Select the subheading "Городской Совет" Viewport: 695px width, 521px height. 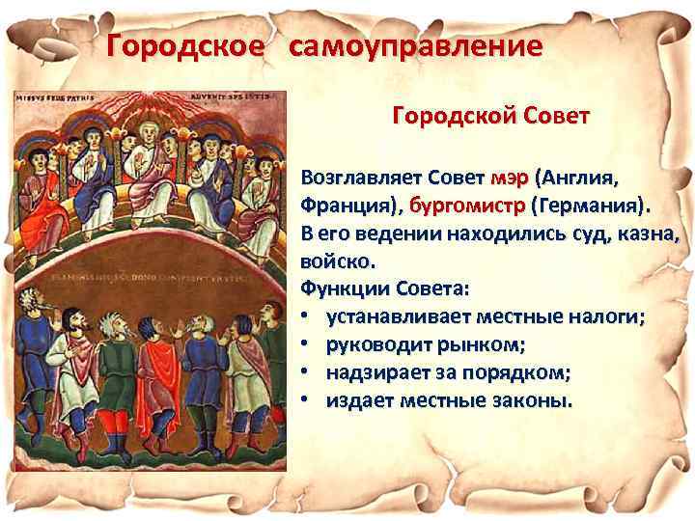click(489, 117)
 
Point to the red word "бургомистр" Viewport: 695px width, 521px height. click(467, 206)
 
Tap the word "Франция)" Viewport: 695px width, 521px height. click(351, 206)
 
